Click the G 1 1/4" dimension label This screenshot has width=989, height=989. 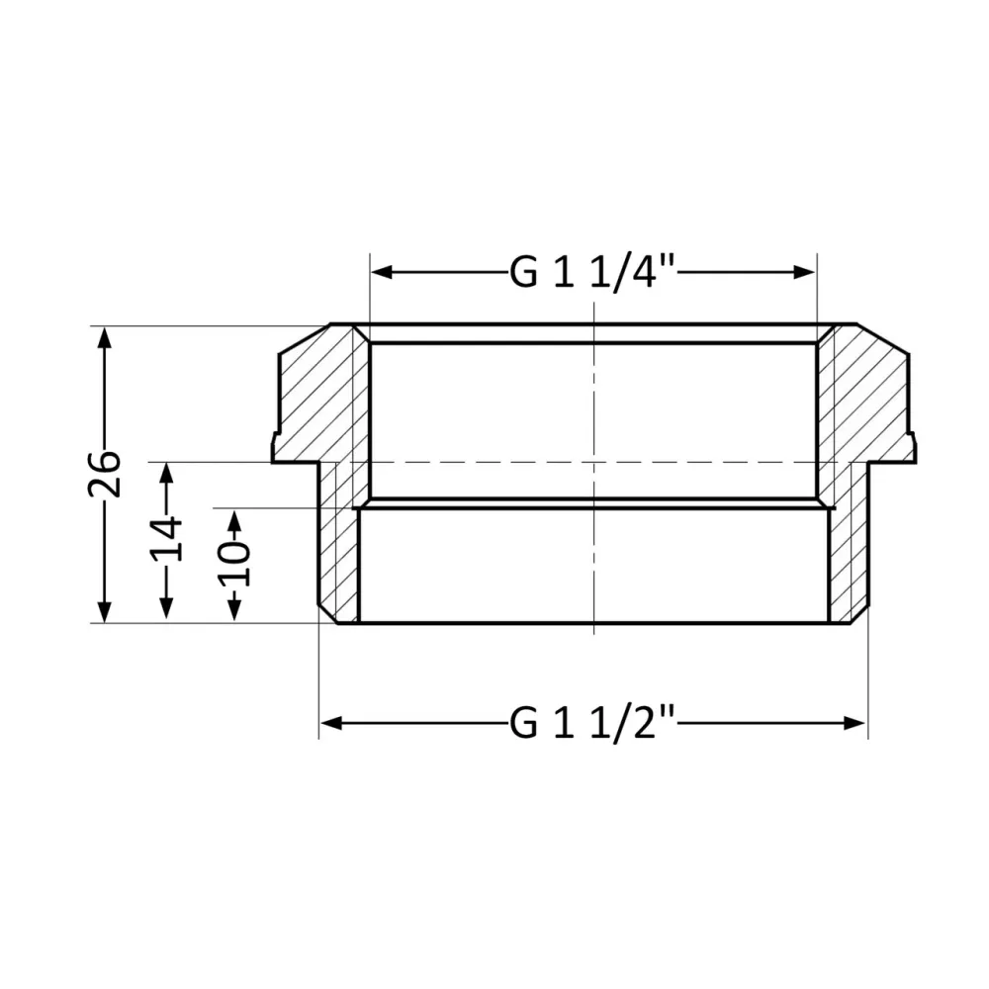coord(591,272)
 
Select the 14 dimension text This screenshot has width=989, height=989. coord(166,539)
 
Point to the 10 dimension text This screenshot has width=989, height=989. coord(233,565)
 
